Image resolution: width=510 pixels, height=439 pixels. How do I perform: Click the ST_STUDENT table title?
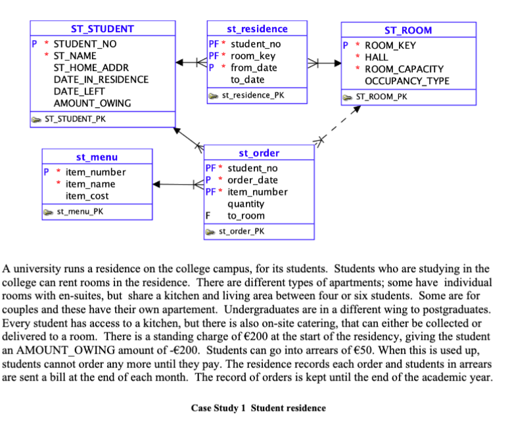pyautogui.click(x=102, y=29)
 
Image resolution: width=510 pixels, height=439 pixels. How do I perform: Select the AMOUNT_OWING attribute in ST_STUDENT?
pyautogui.click(x=91, y=103)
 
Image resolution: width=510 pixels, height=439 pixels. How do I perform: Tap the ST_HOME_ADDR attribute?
pyautogui.click(x=91, y=68)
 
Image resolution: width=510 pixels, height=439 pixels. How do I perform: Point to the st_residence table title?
pyautogui.click(x=257, y=29)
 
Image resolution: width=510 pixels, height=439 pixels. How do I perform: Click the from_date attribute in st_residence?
pyautogui.click(x=254, y=68)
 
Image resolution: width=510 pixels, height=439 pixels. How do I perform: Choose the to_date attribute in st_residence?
pyautogui.click(x=247, y=80)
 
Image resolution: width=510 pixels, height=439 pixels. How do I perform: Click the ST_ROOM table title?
pyautogui.click(x=408, y=30)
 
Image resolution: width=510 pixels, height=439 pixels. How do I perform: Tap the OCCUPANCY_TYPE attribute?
pyautogui.click(x=407, y=81)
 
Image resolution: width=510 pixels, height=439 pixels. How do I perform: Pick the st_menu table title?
pyautogui.click(x=97, y=157)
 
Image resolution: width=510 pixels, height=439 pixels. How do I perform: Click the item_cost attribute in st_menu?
pyautogui.click(x=87, y=196)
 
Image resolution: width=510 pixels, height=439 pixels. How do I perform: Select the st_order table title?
pyautogui.click(x=259, y=153)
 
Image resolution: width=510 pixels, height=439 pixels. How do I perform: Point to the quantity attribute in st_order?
pyautogui.click(x=246, y=204)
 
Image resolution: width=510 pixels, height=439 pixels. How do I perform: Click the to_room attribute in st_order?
pyautogui.click(x=246, y=216)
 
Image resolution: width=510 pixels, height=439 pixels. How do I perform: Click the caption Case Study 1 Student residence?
pyautogui.click(x=258, y=408)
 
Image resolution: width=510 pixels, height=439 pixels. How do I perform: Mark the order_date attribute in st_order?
pyautogui.click(x=252, y=180)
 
